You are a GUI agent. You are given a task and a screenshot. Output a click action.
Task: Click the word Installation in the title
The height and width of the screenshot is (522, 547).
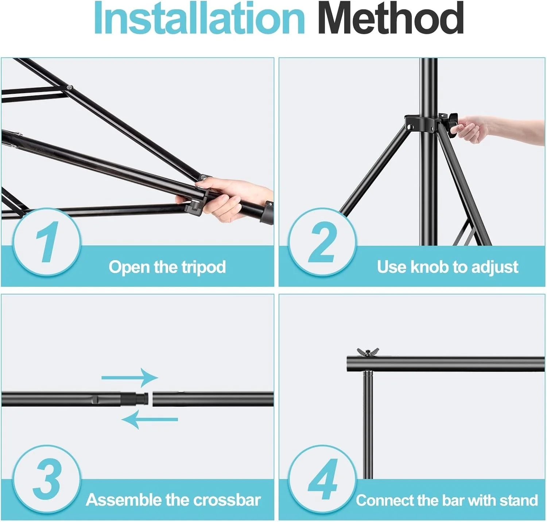199,18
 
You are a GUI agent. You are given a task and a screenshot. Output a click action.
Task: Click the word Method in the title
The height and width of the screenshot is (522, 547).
390,18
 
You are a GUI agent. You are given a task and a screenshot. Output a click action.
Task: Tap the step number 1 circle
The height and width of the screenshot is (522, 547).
47,242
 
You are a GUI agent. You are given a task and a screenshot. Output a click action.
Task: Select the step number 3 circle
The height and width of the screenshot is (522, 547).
47,479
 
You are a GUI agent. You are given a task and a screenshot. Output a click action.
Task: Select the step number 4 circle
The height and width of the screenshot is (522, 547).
322,479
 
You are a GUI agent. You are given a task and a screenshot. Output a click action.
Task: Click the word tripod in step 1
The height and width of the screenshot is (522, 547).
204,267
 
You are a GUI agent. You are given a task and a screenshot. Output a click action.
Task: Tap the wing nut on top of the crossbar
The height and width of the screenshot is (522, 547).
368,352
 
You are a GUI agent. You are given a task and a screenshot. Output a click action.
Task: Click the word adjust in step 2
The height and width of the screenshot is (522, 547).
494,267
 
